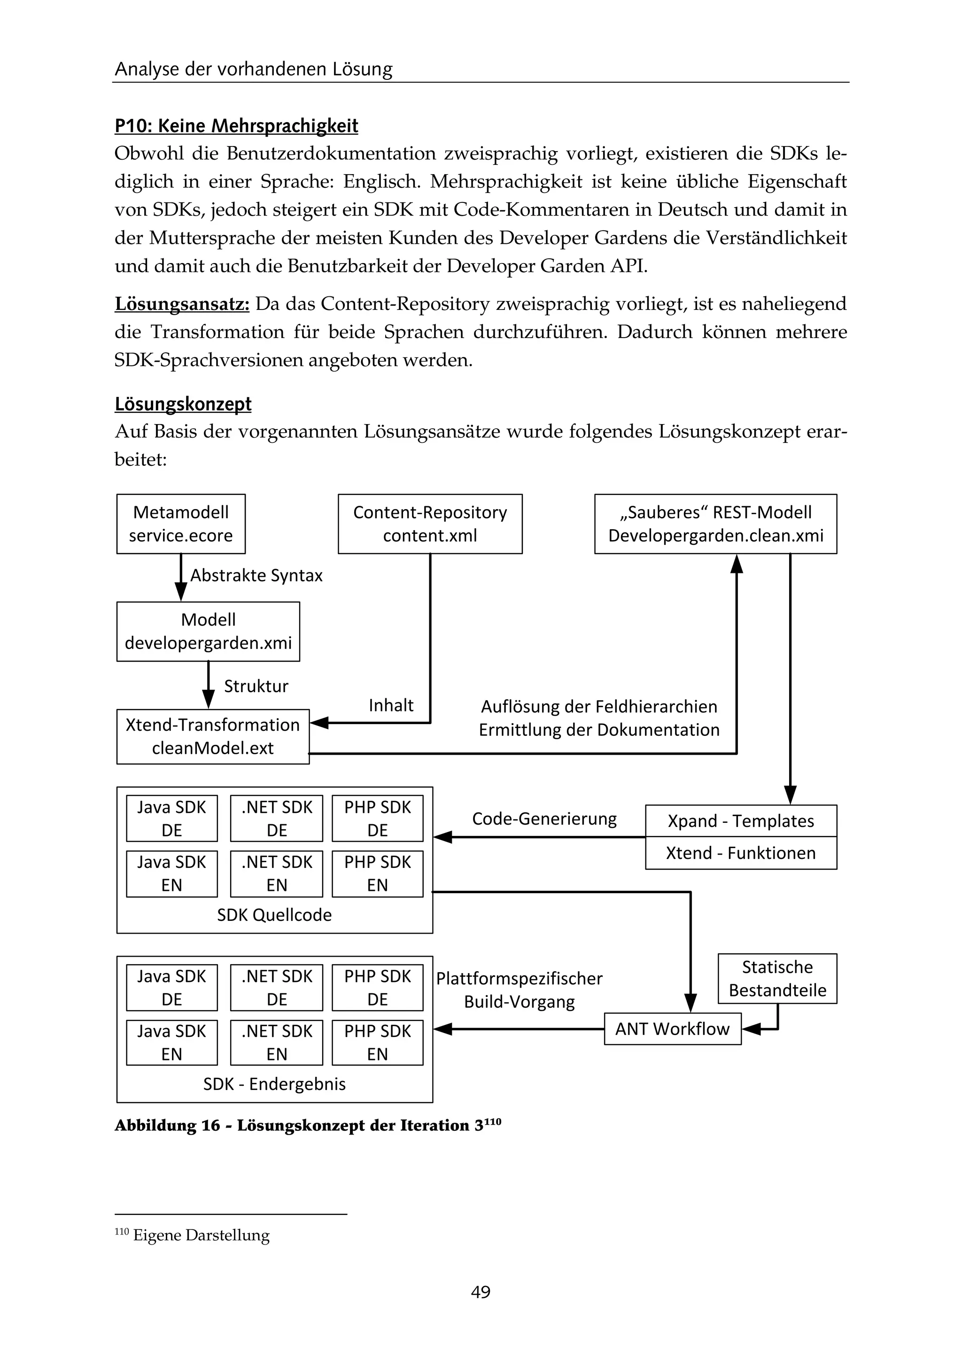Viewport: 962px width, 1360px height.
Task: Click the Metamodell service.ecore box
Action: pos(181,524)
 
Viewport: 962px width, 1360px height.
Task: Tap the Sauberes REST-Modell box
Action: pos(715,524)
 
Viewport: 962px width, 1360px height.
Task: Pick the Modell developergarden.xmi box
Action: pos(208,632)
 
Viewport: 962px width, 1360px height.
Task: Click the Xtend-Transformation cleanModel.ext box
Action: pos(213,736)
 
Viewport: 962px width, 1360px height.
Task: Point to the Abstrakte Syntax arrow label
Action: pos(256,575)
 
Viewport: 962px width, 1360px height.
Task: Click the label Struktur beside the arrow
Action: pos(256,686)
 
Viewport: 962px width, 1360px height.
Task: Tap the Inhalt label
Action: pos(391,705)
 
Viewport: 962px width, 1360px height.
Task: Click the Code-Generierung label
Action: pos(544,819)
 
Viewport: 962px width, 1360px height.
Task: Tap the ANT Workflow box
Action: pos(672,1029)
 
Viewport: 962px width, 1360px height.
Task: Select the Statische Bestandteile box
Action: pos(777,979)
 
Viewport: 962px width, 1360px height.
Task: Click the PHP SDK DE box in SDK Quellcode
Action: pos(377,819)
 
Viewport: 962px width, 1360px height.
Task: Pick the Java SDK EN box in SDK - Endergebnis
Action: pos(172,1043)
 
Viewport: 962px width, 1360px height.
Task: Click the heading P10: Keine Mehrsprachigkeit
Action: pos(236,125)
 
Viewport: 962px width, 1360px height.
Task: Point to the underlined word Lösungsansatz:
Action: pos(182,304)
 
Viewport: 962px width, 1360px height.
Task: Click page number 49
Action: pos(481,1292)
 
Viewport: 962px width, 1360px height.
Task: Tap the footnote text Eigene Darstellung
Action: pos(201,1235)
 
